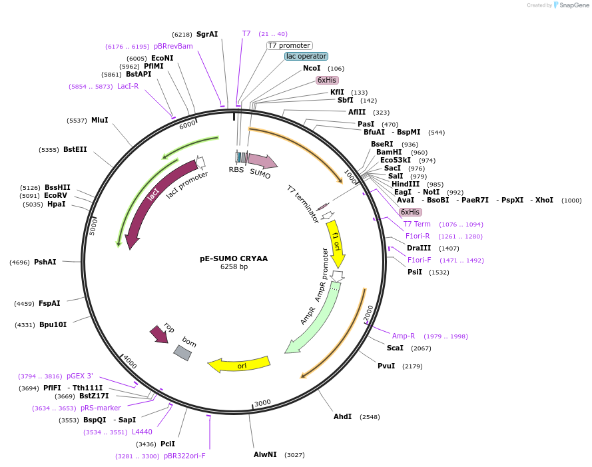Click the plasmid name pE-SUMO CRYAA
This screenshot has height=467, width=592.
(234, 258)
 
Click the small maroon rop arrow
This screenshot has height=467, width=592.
(159, 334)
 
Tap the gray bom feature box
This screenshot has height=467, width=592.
(182, 352)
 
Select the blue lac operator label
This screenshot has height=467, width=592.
(306, 57)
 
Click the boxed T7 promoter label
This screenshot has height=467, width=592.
(290, 45)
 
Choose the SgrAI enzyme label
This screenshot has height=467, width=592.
(207, 34)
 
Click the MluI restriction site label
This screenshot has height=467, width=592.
(99, 120)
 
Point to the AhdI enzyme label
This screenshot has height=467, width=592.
(342, 416)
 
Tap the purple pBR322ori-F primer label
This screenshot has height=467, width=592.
(184, 456)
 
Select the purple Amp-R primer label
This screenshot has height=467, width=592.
(403, 336)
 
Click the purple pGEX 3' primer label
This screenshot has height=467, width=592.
(79, 376)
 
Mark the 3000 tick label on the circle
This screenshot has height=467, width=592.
(262, 402)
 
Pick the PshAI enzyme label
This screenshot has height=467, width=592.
(45, 262)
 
